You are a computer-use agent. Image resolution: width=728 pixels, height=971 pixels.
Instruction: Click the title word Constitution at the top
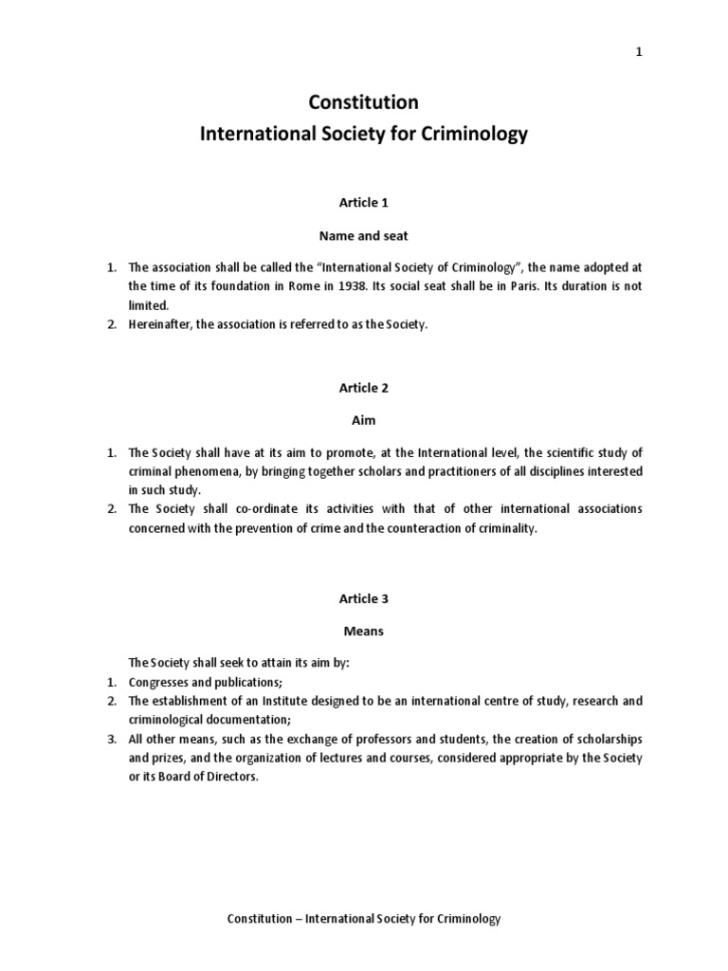click(x=363, y=102)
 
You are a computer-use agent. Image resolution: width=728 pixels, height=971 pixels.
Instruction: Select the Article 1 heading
click(x=363, y=202)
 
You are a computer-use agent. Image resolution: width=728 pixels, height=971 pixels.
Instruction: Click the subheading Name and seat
click(x=363, y=235)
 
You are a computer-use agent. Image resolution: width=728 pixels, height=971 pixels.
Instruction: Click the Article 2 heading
click(x=363, y=388)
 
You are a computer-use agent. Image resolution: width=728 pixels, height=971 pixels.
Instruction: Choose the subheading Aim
click(x=363, y=421)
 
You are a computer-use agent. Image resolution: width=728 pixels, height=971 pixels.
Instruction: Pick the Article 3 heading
click(x=363, y=598)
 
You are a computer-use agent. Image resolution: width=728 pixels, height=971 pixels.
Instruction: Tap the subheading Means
click(x=363, y=630)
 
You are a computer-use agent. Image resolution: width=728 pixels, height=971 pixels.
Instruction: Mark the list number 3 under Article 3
click(x=110, y=739)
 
